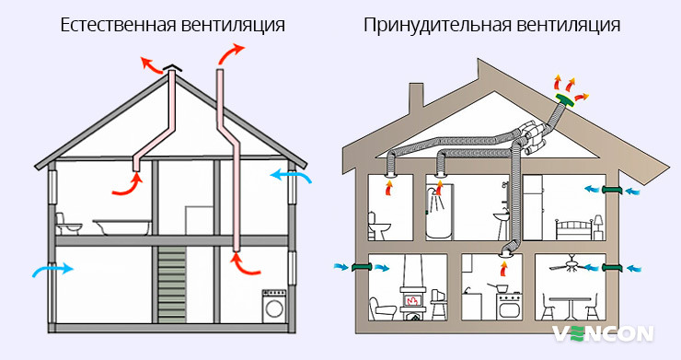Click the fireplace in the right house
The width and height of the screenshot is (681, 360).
coord(411,296)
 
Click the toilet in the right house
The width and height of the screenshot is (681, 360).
coord(377,225)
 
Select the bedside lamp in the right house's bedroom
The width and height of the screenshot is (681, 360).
coord(597,221)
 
